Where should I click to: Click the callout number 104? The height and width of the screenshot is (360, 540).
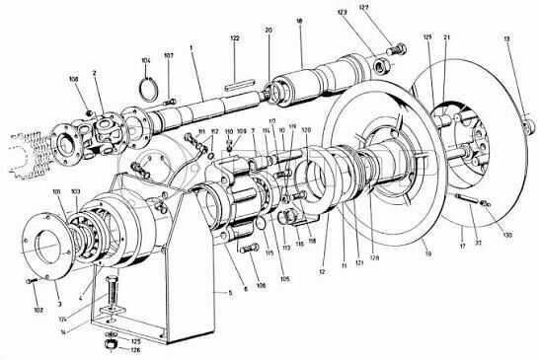[x=146, y=60]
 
